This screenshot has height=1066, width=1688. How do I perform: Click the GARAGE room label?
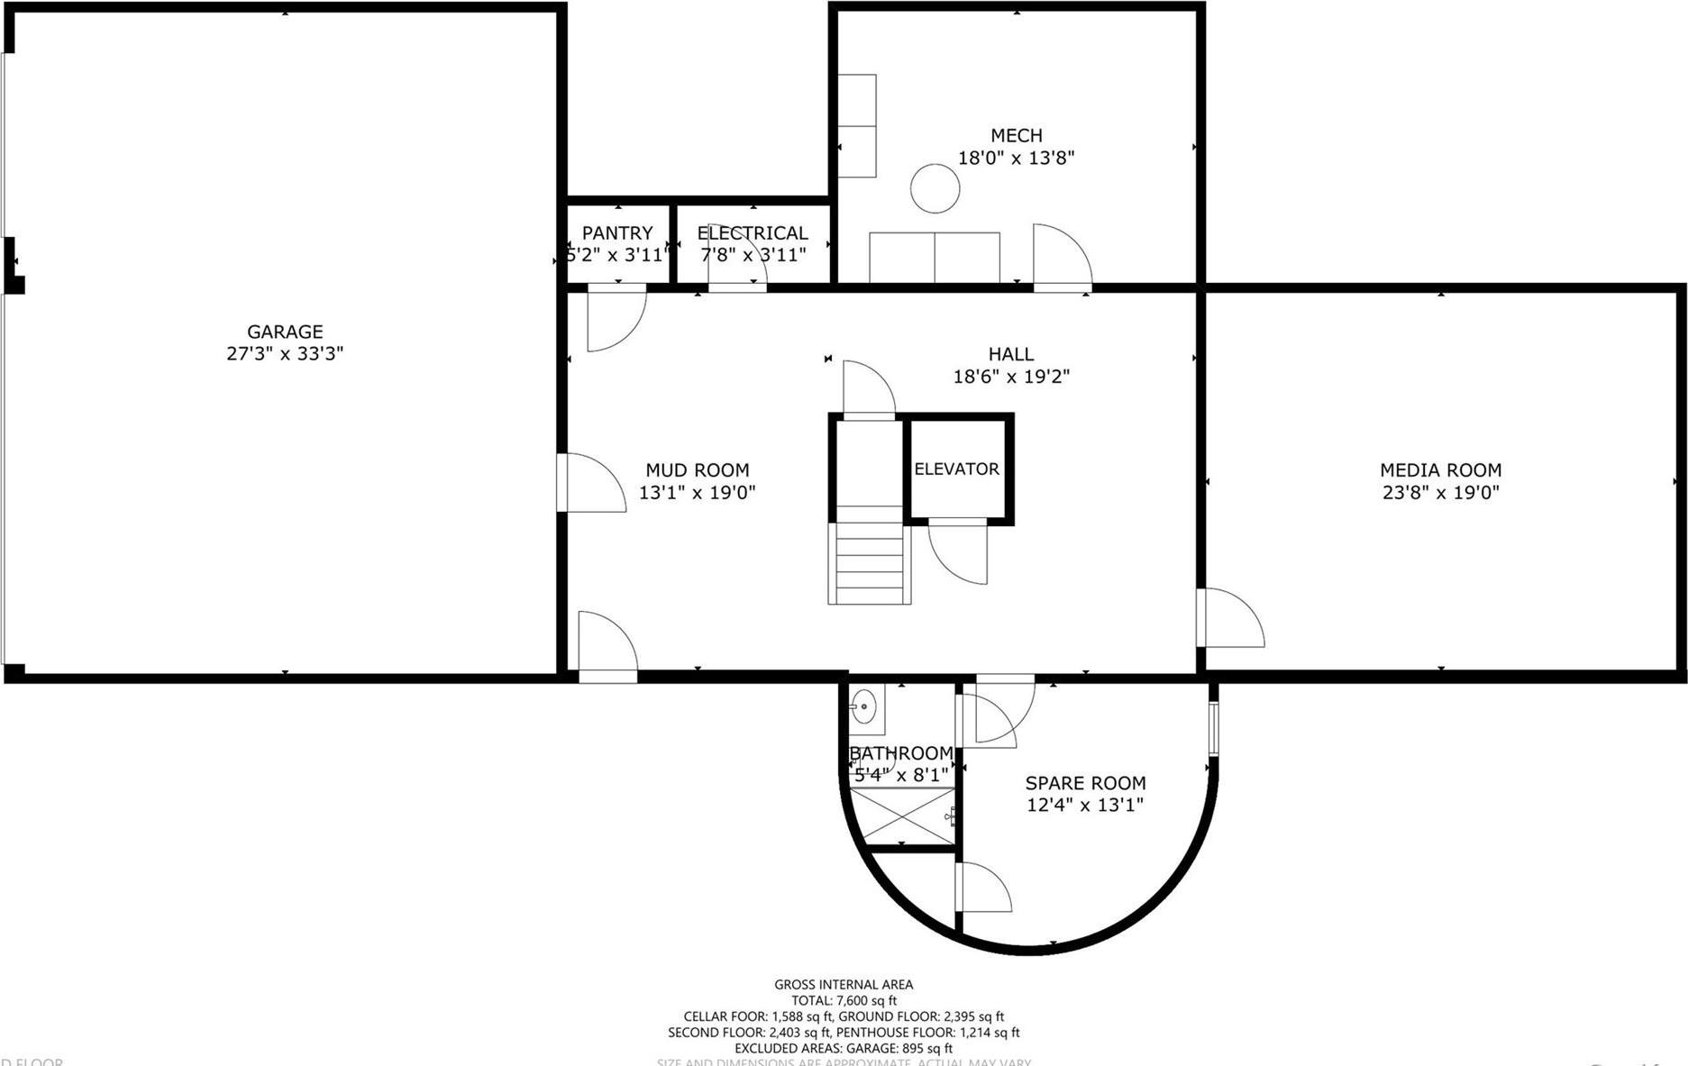[x=285, y=332]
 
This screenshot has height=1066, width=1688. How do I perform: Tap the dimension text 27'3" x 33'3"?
[x=285, y=354]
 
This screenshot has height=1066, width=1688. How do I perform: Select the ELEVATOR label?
[x=956, y=469]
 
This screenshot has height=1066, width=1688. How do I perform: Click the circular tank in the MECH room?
[x=935, y=189]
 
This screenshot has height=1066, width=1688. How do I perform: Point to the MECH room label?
[x=1016, y=135]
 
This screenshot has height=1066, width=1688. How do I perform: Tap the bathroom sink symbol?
[x=862, y=706]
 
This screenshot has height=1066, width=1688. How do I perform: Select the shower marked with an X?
[x=901, y=815]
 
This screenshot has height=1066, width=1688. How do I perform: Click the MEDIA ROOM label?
[x=1440, y=469]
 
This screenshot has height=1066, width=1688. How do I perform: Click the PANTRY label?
[x=617, y=232]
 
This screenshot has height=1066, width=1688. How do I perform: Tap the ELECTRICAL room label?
[x=753, y=232]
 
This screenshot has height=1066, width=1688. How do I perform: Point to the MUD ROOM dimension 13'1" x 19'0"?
[x=697, y=492]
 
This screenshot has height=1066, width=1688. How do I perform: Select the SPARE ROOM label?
[x=1085, y=783]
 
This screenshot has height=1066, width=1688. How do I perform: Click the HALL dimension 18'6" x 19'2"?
[x=1011, y=377]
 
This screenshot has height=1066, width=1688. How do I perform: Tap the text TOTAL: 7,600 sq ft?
[x=844, y=1000]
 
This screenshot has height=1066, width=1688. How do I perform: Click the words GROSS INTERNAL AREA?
[x=844, y=985]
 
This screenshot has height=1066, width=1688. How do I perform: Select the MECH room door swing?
[x=1061, y=257]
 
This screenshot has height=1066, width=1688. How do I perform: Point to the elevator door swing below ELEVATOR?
[x=958, y=551]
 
